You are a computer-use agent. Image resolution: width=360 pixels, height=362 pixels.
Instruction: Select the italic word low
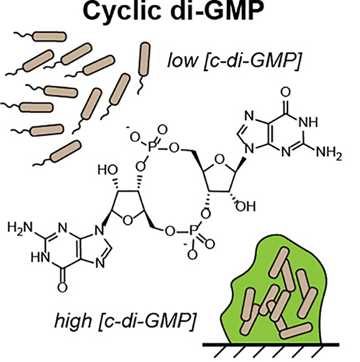183,60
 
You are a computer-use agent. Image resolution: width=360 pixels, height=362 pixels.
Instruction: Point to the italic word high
73,321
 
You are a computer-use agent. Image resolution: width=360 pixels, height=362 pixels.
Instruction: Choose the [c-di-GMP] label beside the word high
147,322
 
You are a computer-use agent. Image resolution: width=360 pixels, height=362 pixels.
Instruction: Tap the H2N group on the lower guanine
20,228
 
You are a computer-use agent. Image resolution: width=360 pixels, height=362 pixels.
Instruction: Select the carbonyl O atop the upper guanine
286,92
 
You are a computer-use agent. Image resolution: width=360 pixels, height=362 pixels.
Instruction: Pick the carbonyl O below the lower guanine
63,287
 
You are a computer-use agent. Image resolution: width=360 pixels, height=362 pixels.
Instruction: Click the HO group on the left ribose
107,170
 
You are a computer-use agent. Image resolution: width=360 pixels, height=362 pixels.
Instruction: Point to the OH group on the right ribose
245,206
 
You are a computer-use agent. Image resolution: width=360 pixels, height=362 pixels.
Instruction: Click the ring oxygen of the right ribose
219,159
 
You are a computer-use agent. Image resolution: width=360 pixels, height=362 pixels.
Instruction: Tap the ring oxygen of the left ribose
127,220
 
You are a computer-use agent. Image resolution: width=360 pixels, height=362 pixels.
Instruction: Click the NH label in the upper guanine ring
308,122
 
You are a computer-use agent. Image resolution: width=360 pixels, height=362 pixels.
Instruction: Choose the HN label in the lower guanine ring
40,257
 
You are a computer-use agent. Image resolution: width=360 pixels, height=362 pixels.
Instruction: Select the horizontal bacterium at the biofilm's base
296,332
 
